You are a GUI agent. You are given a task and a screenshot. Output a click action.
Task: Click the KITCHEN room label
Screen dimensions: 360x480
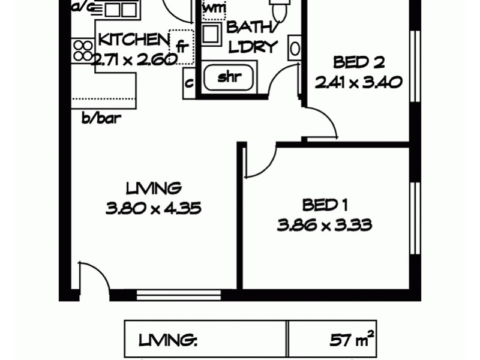[x=134, y=40]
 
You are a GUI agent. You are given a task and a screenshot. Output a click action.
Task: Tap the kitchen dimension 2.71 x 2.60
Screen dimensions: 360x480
[x=134, y=59]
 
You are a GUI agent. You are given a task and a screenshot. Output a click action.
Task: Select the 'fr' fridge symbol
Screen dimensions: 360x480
[x=181, y=47]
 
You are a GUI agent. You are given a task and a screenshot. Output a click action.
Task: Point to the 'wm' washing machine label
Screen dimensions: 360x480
[x=214, y=9]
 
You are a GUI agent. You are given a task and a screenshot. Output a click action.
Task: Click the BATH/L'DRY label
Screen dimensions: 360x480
[x=252, y=37]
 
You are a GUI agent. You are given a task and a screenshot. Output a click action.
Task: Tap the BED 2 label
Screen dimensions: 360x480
[x=358, y=62]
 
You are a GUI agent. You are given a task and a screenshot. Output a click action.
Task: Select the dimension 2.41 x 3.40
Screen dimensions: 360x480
[x=358, y=82]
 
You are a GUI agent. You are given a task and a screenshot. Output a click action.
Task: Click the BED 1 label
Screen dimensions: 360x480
[x=325, y=205]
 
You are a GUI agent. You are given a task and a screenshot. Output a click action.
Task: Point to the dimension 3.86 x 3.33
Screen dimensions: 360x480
[x=325, y=226]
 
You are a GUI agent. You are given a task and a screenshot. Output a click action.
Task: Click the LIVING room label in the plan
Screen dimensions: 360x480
[x=153, y=188]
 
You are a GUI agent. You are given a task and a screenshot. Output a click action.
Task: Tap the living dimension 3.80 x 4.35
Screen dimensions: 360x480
[x=153, y=209]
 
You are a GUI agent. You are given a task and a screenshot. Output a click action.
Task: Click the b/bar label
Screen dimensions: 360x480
[x=101, y=118]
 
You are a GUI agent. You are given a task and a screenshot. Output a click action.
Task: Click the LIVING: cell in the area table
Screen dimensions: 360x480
[x=169, y=341]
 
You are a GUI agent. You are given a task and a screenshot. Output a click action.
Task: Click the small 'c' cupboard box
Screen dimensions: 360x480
[x=189, y=83]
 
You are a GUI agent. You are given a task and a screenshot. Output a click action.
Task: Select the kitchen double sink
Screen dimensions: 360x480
[x=121, y=9]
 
